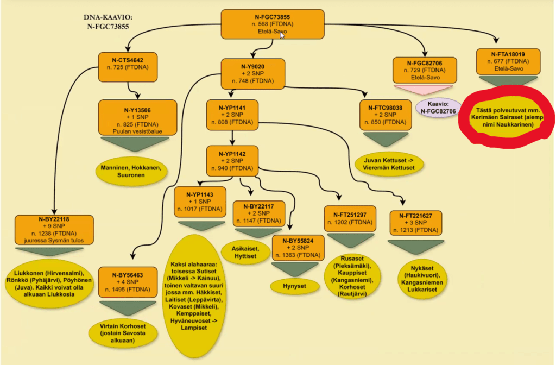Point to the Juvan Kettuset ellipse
click(389, 165)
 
